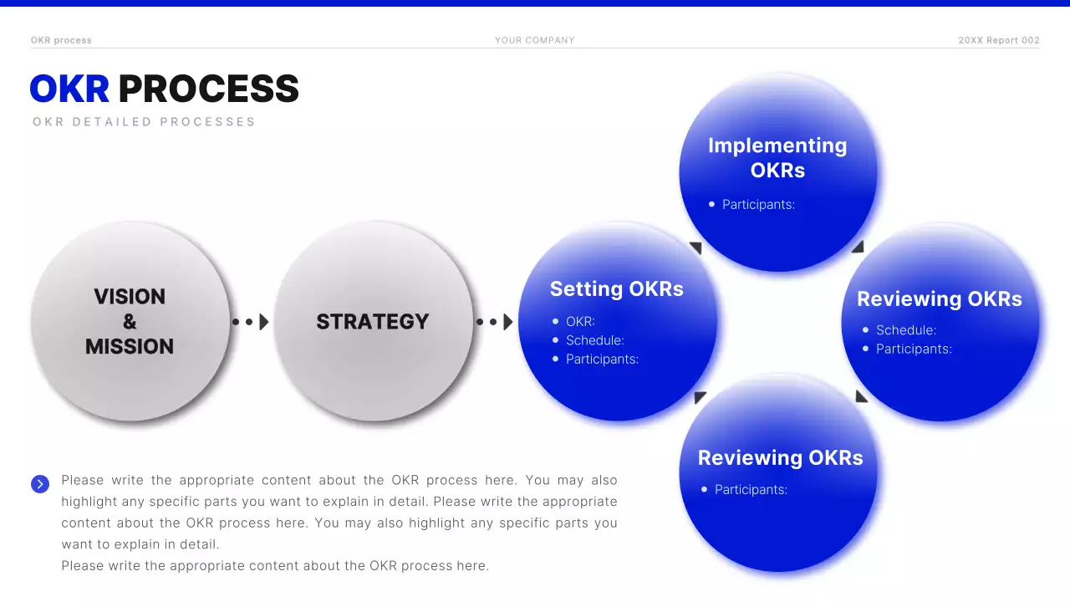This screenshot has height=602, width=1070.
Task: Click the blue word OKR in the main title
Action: pyautogui.click(x=69, y=89)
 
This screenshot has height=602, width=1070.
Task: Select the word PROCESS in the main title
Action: pyautogui.click(x=208, y=89)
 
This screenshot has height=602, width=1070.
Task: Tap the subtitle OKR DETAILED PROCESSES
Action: pyautogui.click(x=144, y=122)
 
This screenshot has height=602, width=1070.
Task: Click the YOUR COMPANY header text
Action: pyautogui.click(x=534, y=40)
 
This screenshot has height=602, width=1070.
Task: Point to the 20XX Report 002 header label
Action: pyautogui.click(x=998, y=40)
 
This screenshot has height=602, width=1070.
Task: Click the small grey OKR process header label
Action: pyautogui.click(x=61, y=40)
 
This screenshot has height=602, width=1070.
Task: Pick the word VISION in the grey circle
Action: pyautogui.click(x=130, y=297)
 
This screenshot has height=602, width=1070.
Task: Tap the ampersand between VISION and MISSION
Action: pyautogui.click(x=130, y=322)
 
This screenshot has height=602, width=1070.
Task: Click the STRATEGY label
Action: pyautogui.click(x=372, y=322)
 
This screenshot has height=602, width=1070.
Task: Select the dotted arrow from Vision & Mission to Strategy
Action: pyautogui.click(x=251, y=322)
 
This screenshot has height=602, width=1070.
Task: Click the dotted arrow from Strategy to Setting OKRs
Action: pyautogui.click(x=495, y=322)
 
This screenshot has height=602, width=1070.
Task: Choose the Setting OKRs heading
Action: pyautogui.click(x=616, y=289)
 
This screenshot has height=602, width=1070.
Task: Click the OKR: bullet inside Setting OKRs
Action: pyautogui.click(x=580, y=322)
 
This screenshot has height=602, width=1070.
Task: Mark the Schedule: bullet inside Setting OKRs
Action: pyautogui.click(x=594, y=340)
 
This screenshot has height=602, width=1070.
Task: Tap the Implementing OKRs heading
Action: pyautogui.click(x=777, y=157)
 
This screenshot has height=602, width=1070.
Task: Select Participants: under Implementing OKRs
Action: pyautogui.click(x=758, y=204)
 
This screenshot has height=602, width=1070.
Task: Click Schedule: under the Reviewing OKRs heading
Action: pyautogui.click(x=905, y=330)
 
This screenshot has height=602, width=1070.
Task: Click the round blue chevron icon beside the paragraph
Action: pyautogui.click(x=40, y=484)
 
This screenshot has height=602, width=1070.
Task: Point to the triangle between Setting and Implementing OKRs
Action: pyautogui.click(x=695, y=248)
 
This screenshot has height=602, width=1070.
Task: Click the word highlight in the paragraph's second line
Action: pyautogui.click(x=92, y=502)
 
